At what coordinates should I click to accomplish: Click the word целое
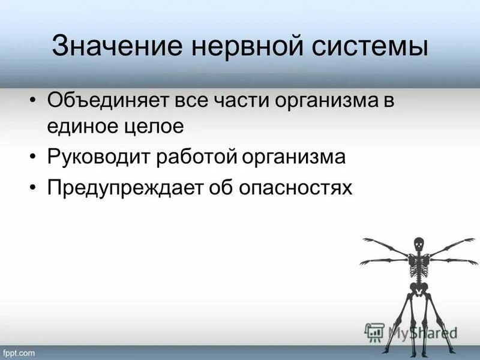coord(151,127)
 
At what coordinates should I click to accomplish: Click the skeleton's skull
coord(419,244)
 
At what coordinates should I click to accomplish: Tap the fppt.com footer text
coord(21,352)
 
